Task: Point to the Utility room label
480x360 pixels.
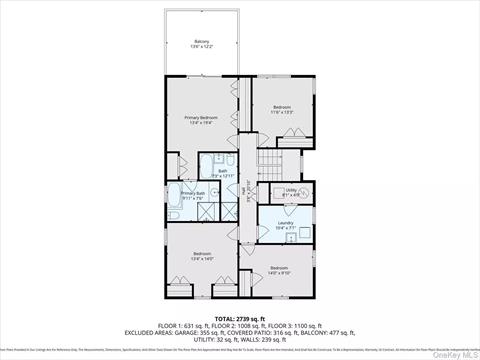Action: (x=291, y=189)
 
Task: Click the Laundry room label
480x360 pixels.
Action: (x=286, y=225)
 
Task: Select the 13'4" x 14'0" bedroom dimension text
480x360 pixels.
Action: (x=202, y=258)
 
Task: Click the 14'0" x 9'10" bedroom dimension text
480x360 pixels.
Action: (x=278, y=272)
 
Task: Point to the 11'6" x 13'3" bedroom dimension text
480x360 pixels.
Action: (x=282, y=112)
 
